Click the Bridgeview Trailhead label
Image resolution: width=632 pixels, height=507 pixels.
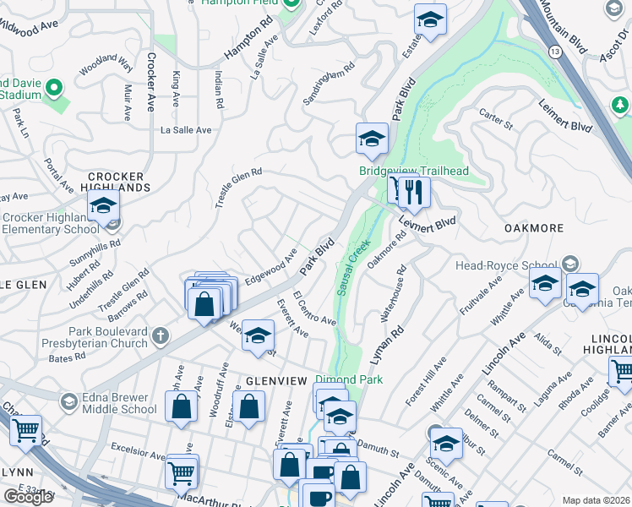pyautogui.click(x=413, y=171)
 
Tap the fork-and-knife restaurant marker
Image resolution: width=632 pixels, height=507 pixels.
pyautogui.click(x=413, y=192)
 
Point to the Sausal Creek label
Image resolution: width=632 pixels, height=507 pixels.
pyautogui.click(x=354, y=266)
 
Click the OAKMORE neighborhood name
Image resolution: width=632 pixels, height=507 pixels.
pyautogui.click(x=534, y=228)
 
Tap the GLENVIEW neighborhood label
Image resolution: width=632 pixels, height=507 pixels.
pyautogui.click(x=275, y=381)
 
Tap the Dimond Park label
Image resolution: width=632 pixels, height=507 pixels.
pyautogui.click(x=349, y=379)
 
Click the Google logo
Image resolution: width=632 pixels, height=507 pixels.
pyautogui.click(x=28, y=496)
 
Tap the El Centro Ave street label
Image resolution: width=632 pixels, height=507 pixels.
pyautogui.click(x=313, y=310)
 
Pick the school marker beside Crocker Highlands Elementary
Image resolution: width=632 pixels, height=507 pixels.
pyautogui.click(x=103, y=206)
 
